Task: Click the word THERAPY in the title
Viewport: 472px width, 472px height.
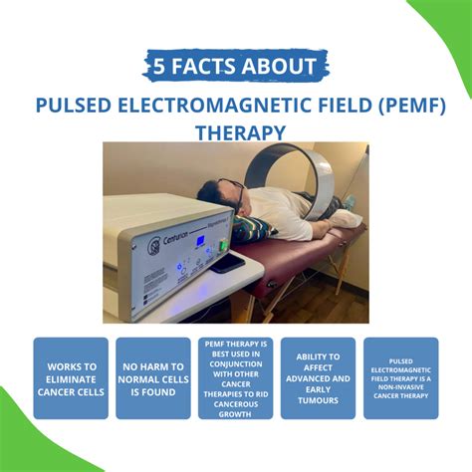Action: [x=235, y=130]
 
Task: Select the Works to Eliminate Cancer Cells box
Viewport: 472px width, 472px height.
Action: [x=71, y=378]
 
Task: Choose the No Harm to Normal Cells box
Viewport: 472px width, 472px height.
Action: [x=152, y=378]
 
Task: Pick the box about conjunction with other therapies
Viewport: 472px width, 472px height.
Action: [x=235, y=378]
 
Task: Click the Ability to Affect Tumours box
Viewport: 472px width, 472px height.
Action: [x=318, y=378]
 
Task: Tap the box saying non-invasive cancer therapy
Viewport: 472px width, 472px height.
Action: [x=400, y=378]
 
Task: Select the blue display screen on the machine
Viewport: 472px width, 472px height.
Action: [x=201, y=241]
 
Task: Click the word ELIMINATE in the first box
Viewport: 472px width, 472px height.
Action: [x=71, y=378]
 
